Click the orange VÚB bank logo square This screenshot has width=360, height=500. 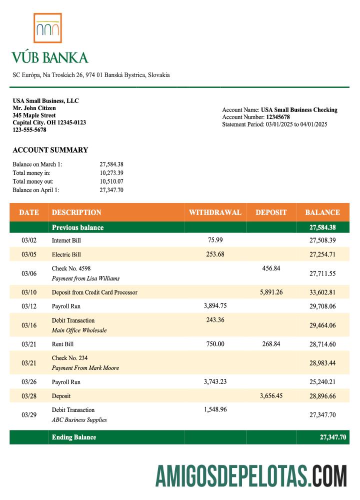coord(48,28)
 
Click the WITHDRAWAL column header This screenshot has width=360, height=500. coord(215,212)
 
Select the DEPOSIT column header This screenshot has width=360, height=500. coord(271,212)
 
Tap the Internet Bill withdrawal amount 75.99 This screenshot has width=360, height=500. coord(215,240)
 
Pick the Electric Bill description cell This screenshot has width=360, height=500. coord(66,254)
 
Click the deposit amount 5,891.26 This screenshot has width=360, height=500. coord(271,292)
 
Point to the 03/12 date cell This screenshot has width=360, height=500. coord(29,306)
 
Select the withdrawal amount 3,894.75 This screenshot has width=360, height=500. coord(215,305)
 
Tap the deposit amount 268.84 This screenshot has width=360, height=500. coord(271,343)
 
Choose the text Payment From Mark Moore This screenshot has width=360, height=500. coord(85,368)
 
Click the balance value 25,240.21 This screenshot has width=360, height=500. coord(322,382)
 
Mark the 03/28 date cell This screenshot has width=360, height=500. coord(29,396)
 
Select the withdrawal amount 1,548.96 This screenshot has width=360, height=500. coord(215,409)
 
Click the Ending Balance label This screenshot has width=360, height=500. coord(74,437)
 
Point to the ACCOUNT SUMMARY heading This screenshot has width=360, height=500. coord(50,150)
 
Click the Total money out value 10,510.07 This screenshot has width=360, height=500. coord(111,181)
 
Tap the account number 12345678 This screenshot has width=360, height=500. coord(278,117)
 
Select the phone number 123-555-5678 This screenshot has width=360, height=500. coord(29,130)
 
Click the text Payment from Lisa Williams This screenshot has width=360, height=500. coord(85,278)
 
